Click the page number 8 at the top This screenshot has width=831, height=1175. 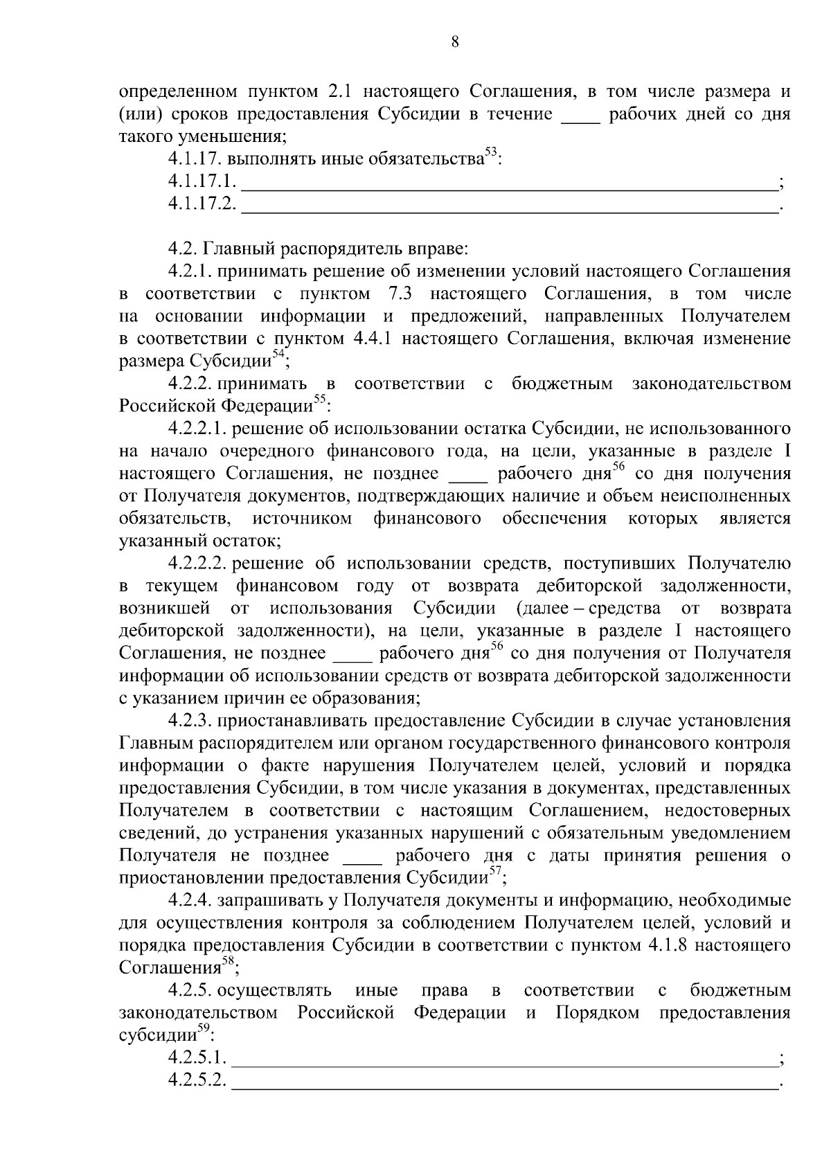(455, 42)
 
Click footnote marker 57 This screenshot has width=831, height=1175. (495, 872)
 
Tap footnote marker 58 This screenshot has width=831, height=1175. (228, 962)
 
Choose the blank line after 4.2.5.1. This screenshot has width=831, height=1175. (504, 1060)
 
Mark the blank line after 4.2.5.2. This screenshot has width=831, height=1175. (504, 1082)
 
